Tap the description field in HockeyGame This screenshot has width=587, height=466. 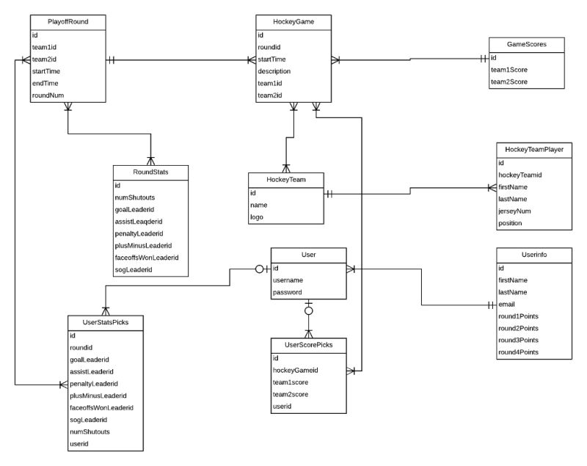(274, 71)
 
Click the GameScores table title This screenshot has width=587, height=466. (527, 44)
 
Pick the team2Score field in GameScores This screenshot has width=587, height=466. (508, 81)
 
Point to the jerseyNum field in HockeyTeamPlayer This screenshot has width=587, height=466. (515, 211)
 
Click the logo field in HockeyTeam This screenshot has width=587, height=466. (258, 217)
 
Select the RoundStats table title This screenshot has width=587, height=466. (150, 172)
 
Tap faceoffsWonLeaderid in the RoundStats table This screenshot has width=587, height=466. (147, 258)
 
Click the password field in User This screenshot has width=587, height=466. (287, 292)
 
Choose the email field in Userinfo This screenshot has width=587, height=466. (507, 304)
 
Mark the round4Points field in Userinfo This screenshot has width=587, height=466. (518, 352)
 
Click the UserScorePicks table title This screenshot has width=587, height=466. (307, 345)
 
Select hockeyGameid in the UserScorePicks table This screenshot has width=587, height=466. (295, 371)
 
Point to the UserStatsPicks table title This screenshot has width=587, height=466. (104, 322)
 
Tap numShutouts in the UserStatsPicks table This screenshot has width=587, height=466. (90, 432)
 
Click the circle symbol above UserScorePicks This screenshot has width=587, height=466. (309, 311)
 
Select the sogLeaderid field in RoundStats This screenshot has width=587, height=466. (134, 270)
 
